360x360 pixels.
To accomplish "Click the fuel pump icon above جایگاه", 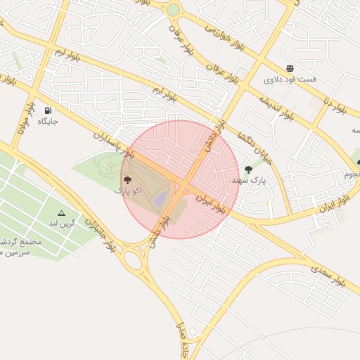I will pyautogui.click(x=48, y=110).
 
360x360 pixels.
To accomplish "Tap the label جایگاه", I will pyautogui.click(x=48, y=122).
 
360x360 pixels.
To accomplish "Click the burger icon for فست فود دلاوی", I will pyautogui.click(x=290, y=68).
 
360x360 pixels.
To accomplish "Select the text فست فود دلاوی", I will pyautogui.click(x=290, y=79).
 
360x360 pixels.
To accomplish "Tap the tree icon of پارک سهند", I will pyautogui.click(x=247, y=169).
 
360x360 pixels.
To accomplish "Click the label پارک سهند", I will pyautogui.click(x=248, y=181).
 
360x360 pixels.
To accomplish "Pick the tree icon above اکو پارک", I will pyautogui.click(x=127, y=181).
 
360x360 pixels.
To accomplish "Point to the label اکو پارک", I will pyautogui.click(x=128, y=191).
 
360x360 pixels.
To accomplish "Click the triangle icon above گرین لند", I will pyautogui.click(x=61, y=212).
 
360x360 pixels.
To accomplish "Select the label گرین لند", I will pyautogui.click(x=61, y=224).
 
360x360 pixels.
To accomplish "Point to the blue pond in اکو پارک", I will pyautogui.click(x=160, y=200).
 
